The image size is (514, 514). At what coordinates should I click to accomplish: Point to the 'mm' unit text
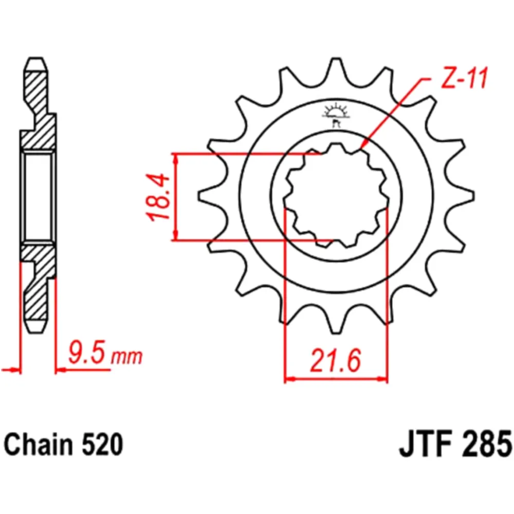tap(127, 357)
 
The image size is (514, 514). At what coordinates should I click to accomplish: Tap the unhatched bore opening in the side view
tap(38, 197)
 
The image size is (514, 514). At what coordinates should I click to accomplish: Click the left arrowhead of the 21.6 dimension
tap(289, 380)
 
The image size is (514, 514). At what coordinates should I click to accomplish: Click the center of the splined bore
tap(336, 197)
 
